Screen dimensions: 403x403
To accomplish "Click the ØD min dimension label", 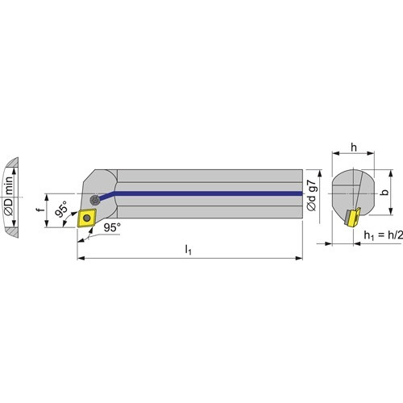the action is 9,196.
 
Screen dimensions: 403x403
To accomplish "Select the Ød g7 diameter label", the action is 312,195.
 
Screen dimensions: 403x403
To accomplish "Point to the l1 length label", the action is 189,250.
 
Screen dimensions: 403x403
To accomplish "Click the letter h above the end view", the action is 354,147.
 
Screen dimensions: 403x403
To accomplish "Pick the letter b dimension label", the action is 385,192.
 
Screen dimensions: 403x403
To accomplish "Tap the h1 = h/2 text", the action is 384,235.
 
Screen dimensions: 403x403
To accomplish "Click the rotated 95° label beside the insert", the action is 61,209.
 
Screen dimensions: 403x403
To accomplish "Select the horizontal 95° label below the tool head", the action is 112,227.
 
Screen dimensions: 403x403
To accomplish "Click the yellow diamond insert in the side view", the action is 86,218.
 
